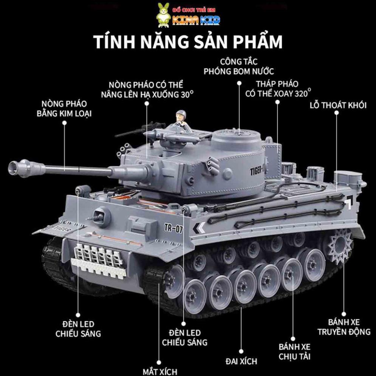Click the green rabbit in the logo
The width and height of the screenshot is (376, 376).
click(x=163, y=15)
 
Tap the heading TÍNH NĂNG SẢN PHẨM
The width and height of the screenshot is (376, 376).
click(x=188, y=42)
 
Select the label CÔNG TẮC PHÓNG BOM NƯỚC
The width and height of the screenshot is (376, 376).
click(x=238, y=67)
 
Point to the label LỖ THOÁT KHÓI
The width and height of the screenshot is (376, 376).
click(x=338, y=105)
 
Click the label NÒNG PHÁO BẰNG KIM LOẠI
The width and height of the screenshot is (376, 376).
click(x=64, y=108)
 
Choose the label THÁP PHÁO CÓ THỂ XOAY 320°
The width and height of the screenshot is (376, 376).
click(x=278, y=89)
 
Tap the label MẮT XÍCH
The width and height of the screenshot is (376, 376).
click(x=160, y=371)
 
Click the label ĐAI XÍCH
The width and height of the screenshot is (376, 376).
click(x=241, y=361)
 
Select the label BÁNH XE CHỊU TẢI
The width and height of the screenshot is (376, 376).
click(x=294, y=351)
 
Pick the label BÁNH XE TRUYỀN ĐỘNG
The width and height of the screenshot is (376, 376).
click(x=344, y=327)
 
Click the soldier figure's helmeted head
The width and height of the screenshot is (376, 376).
click(x=181, y=114)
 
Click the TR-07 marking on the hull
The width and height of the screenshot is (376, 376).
click(x=173, y=228)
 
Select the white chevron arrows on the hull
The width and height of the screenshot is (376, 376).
click(x=200, y=228)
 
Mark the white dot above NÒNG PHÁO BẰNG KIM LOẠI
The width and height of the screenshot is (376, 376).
click(x=64, y=123)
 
